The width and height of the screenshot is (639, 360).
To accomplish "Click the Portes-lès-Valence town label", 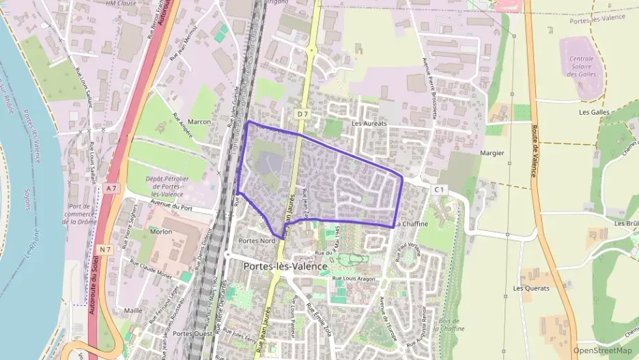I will (285, 266).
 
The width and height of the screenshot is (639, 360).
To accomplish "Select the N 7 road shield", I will (104, 249).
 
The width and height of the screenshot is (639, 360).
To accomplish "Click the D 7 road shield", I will (302, 111).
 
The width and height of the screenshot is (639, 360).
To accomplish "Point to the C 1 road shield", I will (439, 189).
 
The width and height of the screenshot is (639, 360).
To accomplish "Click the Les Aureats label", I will (369, 124).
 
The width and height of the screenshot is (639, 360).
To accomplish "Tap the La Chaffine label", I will (411, 223).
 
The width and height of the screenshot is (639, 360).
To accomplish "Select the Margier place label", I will (492, 153).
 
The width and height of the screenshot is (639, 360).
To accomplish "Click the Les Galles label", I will (594, 112).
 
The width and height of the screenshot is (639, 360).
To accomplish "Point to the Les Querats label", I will (531, 288).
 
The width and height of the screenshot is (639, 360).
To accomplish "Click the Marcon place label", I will (199, 122).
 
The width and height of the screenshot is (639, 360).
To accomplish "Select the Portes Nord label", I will (257, 241).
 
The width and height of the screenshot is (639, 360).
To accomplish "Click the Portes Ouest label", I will (193, 333).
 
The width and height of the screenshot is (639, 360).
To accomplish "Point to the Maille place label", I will (134, 310).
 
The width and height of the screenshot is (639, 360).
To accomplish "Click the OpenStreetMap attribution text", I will (603, 350).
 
